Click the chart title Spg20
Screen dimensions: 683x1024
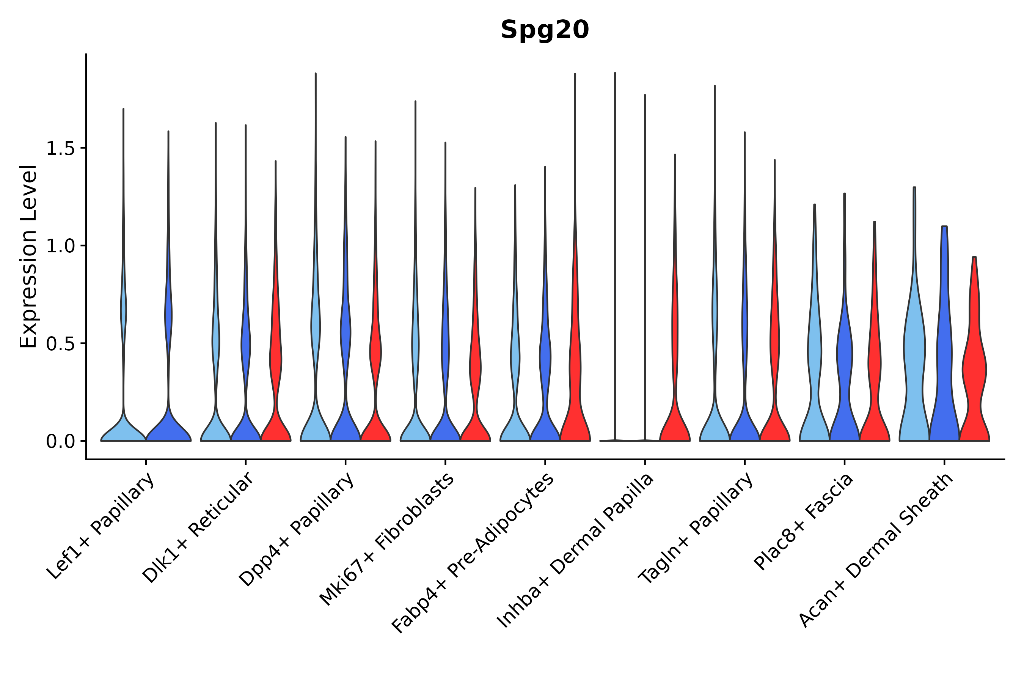tap(545, 30)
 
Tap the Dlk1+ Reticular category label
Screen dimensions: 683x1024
tap(198, 527)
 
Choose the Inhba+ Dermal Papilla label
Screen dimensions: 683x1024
tap(575, 551)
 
